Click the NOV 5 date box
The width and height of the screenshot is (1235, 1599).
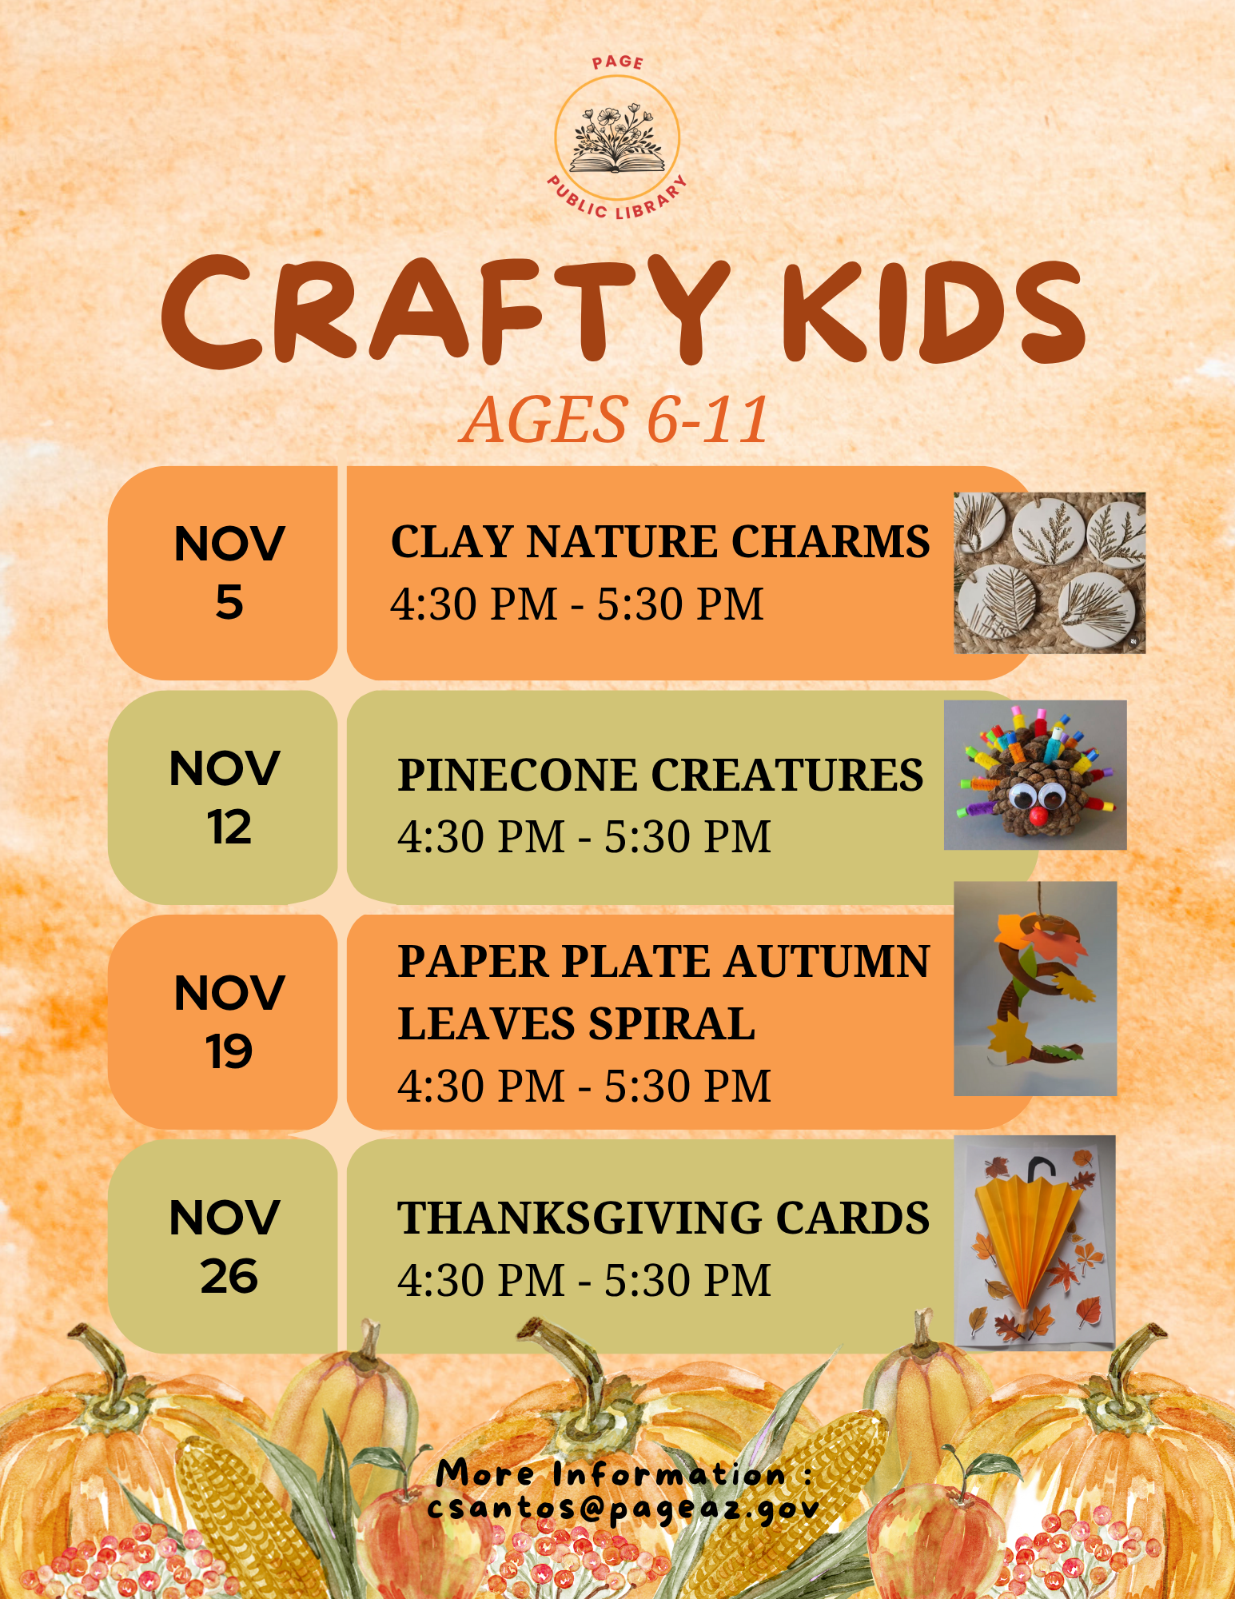(223, 573)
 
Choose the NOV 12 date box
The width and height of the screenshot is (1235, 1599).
(223, 798)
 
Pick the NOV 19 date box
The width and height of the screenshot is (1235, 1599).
(223, 1022)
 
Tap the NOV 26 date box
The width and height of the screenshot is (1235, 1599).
(223, 1246)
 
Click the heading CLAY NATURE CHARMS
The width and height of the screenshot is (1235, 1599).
(660, 541)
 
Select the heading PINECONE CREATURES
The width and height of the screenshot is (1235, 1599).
(660, 775)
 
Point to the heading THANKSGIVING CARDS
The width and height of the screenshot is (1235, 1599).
(663, 1218)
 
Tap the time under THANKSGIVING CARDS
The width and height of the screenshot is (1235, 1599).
(584, 1280)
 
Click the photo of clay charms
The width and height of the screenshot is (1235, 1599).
(1050, 572)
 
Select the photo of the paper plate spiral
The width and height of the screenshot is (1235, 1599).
(1035, 988)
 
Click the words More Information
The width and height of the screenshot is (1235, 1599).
(612, 1473)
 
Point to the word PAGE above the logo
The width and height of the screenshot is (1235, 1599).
(617, 62)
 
